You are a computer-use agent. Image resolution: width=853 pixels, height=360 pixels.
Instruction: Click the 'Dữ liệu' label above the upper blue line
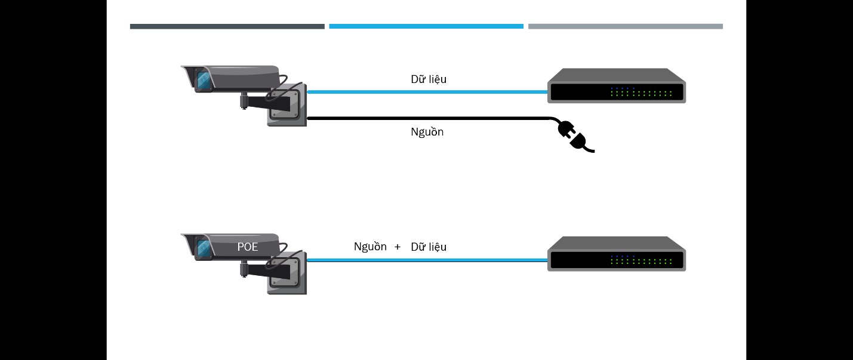428,79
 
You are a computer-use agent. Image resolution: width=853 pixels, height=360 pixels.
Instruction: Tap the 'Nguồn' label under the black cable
427,132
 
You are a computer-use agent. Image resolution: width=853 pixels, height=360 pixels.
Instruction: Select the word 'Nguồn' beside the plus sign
370,247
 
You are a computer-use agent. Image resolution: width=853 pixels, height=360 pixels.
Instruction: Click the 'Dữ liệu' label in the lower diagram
428,247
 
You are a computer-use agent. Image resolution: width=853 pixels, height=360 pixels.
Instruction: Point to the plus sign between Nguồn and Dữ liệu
398,247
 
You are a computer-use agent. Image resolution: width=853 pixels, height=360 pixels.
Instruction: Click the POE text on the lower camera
248,246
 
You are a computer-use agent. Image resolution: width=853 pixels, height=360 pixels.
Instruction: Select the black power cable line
427,118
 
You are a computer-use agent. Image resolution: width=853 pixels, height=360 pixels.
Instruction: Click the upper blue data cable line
427,92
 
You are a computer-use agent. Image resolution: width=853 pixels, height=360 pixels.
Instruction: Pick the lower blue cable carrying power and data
427,260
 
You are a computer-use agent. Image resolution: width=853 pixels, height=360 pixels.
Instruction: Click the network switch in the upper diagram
617,86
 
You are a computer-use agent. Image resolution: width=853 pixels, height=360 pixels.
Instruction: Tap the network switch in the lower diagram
617,254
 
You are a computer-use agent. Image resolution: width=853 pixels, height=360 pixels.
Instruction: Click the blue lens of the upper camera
202,81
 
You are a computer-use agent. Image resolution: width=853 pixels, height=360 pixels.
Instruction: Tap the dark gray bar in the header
227,26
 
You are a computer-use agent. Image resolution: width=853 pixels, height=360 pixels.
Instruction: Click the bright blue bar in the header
426,26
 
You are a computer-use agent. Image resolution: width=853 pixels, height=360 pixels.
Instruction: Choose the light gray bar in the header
625,26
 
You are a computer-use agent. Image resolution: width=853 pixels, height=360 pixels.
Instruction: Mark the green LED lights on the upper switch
642,94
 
